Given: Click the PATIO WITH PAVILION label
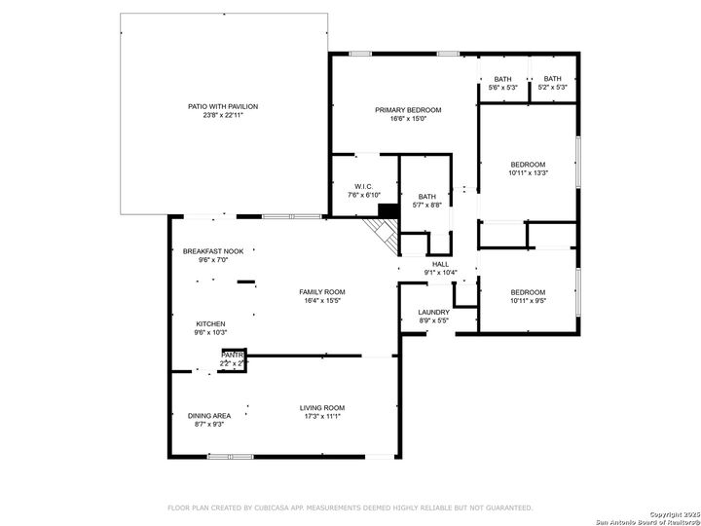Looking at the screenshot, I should point(223,106).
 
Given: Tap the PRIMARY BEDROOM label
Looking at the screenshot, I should point(408,110).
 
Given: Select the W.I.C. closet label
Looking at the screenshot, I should point(363,186).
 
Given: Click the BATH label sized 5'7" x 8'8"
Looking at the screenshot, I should point(427,196).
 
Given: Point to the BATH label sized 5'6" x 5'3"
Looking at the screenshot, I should point(502,79).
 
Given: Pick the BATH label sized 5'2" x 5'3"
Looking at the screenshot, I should point(552,79).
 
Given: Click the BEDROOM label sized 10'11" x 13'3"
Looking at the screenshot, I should point(528,164).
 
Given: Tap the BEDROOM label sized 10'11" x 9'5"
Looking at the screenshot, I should point(528,292).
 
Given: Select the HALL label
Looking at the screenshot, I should point(440,264).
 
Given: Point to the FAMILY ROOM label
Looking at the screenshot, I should point(321,292).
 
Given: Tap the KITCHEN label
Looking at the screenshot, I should point(211,324).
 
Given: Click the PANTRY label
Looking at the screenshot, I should point(232,356).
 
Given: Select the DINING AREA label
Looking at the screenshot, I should point(209,416).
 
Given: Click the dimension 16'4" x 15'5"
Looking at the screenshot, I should point(321,301).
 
